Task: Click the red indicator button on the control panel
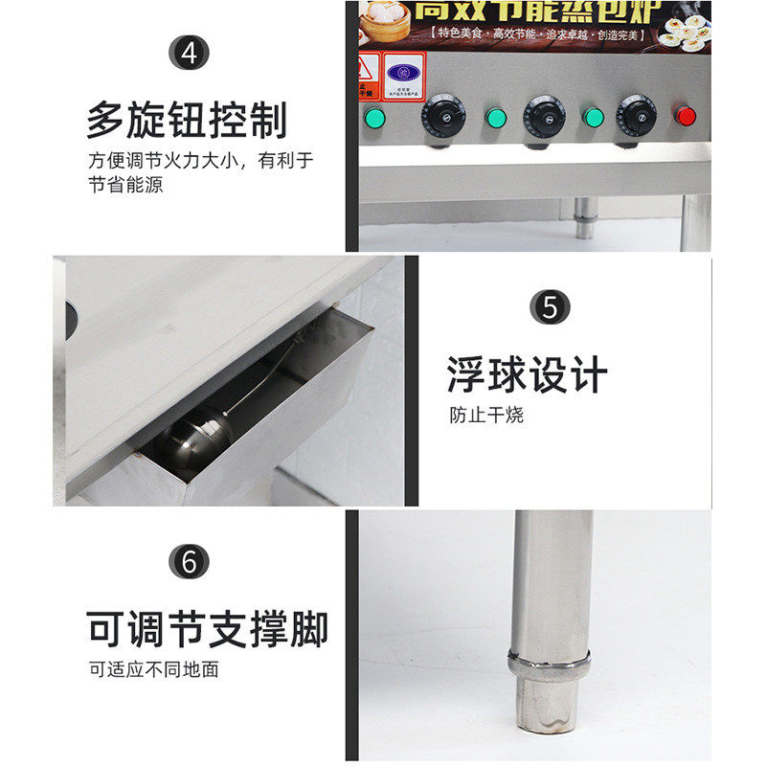point(686,117)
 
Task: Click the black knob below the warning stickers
point(442,118)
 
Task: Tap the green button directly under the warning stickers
point(372,118)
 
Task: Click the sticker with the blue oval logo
point(404,73)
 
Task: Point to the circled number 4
point(189,53)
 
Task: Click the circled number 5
point(550,308)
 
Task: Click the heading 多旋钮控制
point(187,120)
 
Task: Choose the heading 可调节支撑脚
point(207,629)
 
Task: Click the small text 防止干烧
point(486,417)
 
